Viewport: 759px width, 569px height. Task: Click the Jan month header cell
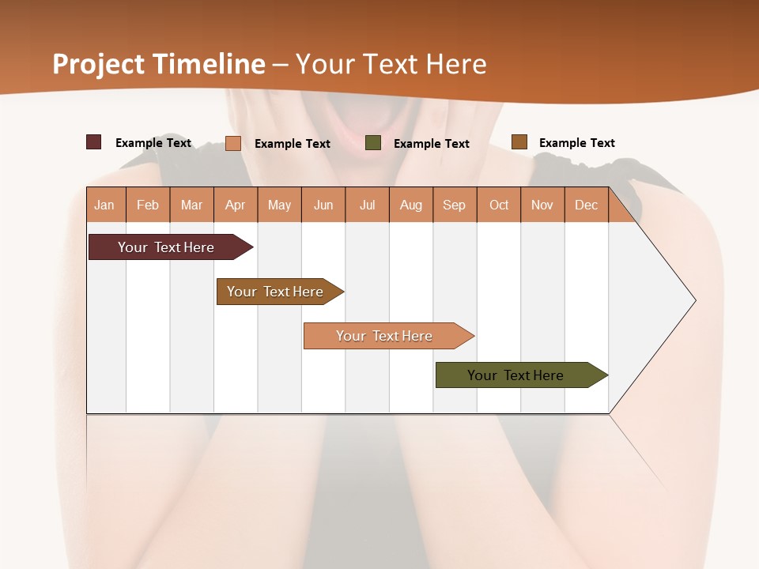tap(105, 205)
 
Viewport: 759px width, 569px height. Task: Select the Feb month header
tap(148, 205)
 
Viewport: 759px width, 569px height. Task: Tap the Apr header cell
tap(236, 205)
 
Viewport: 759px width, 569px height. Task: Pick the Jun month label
tap(323, 205)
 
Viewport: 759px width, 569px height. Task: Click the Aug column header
tap(411, 205)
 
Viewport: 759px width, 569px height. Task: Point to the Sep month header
tap(455, 205)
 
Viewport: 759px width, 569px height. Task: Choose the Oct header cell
tap(499, 205)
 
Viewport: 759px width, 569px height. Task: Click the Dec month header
tap(587, 205)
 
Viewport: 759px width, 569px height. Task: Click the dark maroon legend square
tap(93, 142)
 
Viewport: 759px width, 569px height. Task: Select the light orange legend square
tap(233, 143)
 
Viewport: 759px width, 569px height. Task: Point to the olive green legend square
tap(373, 143)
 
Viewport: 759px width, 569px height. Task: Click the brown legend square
tap(519, 142)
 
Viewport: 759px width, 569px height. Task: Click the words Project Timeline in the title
tap(159, 64)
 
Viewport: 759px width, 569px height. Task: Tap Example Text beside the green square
tap(432, 144)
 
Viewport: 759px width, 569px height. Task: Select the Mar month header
tap(191, 205)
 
